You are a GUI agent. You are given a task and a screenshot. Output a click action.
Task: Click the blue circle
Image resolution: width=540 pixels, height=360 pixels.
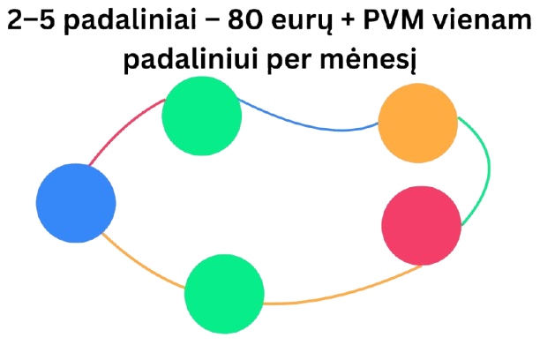click(76, 203)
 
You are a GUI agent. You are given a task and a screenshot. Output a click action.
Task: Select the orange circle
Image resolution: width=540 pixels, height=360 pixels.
click(417, 124)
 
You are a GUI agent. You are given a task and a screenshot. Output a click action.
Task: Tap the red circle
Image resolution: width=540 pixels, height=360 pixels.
click(422, 226)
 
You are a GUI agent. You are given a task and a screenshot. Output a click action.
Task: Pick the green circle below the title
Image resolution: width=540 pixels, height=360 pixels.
click(202, 116)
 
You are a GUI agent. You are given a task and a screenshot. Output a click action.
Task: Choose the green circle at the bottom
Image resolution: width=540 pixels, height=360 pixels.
click(224, 294)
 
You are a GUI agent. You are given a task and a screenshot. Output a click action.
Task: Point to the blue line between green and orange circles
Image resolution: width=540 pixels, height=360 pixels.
click(309, 125)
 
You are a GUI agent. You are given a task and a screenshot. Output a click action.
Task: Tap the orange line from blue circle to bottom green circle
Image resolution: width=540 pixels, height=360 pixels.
click(141, 265)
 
